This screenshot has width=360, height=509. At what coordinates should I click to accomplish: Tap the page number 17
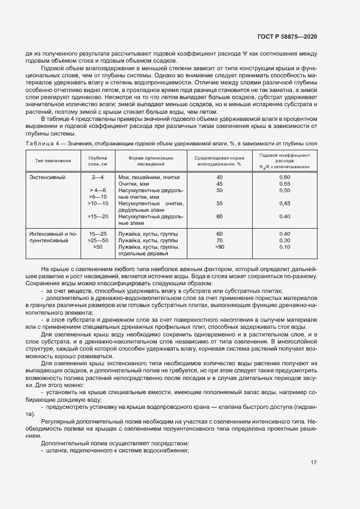tap(314, 463)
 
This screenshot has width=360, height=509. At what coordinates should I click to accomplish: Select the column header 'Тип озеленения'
tap(53, 161)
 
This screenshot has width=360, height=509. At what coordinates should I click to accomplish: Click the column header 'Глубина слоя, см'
tap(97, 160)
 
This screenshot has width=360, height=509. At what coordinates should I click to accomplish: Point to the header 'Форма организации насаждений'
tap(147, 160)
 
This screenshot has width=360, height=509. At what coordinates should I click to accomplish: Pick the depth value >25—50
tap(98, 240)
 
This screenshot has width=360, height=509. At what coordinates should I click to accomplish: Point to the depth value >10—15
tap(98, 203)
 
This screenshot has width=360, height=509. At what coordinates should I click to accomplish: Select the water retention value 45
tap(219, 184)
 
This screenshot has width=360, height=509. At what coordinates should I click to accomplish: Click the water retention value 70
tap(219, 240)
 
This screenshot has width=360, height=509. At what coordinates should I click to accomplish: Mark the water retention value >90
tap(219, 247)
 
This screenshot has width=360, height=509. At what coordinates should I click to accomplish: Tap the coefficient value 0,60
tap(284, 177)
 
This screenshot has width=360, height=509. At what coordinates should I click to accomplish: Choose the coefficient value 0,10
tap(284, 247)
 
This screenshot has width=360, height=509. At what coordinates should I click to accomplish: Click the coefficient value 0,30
tap(284, 240)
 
